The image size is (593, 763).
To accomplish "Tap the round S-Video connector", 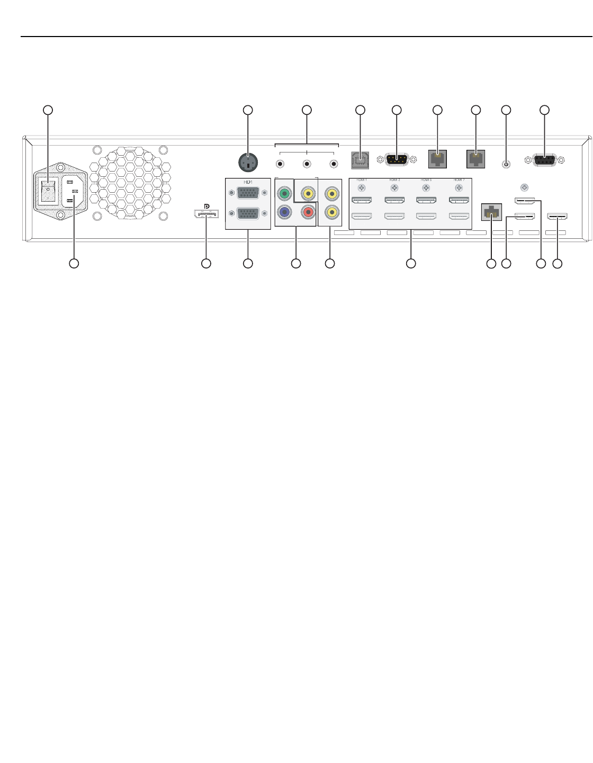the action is (248, 162).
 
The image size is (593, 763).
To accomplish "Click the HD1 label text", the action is (248, 182).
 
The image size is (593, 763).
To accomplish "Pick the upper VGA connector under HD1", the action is (248, 193).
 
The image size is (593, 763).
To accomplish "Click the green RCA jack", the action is (284, 193).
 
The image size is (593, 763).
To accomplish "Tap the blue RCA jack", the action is (284, 212).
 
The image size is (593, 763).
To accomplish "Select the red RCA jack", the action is (307, 212).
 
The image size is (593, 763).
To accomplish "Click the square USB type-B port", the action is (360, 160).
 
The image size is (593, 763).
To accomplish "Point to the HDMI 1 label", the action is (362, 180).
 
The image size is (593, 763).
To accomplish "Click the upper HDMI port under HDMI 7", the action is (459, 200).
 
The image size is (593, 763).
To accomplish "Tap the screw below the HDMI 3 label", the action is (394, 187).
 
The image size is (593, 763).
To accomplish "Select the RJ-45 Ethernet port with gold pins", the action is (492, 212).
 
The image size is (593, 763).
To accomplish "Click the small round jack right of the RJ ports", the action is (506, 164).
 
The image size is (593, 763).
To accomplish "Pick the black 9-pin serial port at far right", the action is (544, 160).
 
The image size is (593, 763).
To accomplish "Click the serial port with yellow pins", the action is (397, 160).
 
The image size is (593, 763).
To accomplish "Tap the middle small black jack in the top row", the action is (307, 164).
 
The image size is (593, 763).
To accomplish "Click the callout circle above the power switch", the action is (48, 110).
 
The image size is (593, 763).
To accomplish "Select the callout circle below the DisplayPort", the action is (206, 263).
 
